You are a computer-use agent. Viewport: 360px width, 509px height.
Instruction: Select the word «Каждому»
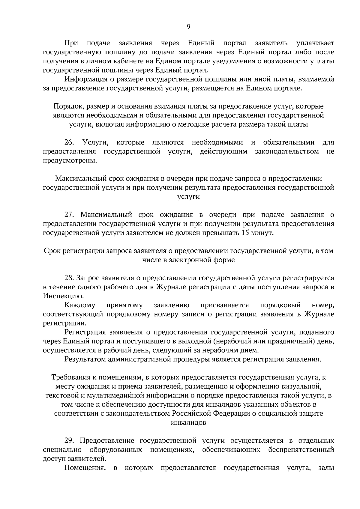pyautogui.click(x=80, y=305)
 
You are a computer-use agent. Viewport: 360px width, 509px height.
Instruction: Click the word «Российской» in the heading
pyautogui.click(x=192, y=413)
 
